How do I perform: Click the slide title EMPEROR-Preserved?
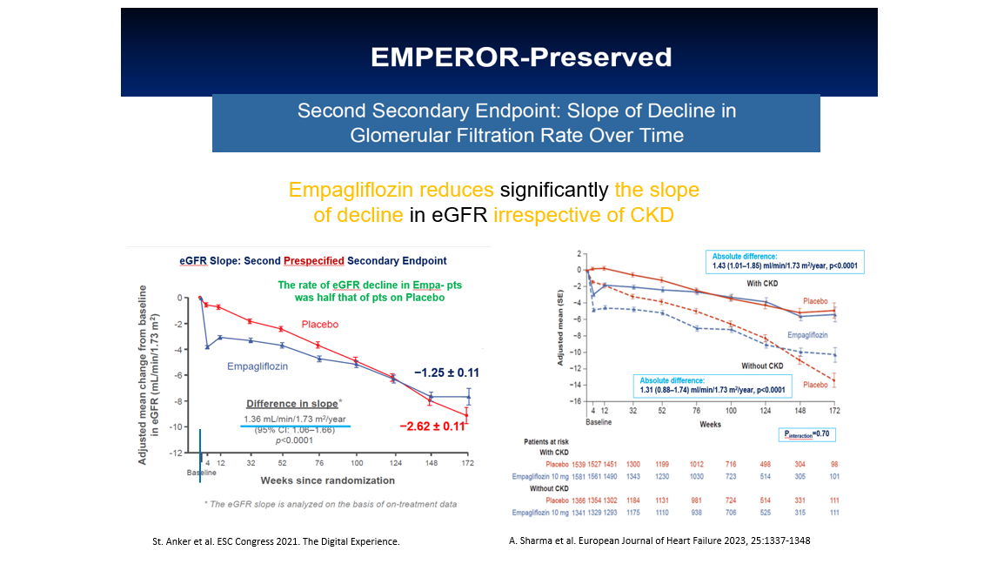tap(520, 57)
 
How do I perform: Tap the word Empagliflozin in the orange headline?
tap(348, 190)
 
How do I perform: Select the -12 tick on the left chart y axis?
tap(175, 453)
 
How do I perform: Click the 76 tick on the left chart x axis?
tap(318, 463)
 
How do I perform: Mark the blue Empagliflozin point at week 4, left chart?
tap(207, 347)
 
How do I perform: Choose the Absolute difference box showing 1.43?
tap(786, 262)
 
